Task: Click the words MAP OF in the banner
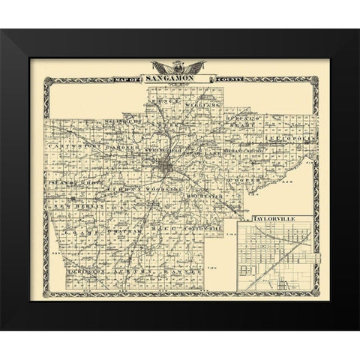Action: click(127, 79)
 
